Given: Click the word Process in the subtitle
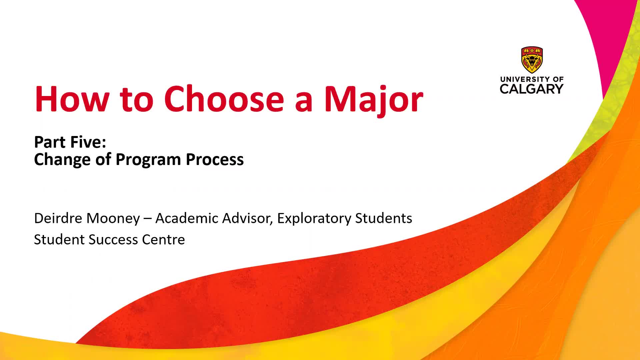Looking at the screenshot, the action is pyautogui.click(x=215, y=160).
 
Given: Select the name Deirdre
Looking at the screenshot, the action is pyautogui.click(x=58, y=218).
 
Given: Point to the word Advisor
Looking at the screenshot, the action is pyautogui.click(x=247, y=218).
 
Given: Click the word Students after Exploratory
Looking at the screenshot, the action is pyautogui.click(x=384, y=218).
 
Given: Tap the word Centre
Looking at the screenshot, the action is pyautogui.click(x=163, y=240).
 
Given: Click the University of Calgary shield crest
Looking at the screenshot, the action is pyautogui.click(x=532, y=60).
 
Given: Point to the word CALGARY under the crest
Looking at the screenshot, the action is pyautogui.click(x=532, y=89).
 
